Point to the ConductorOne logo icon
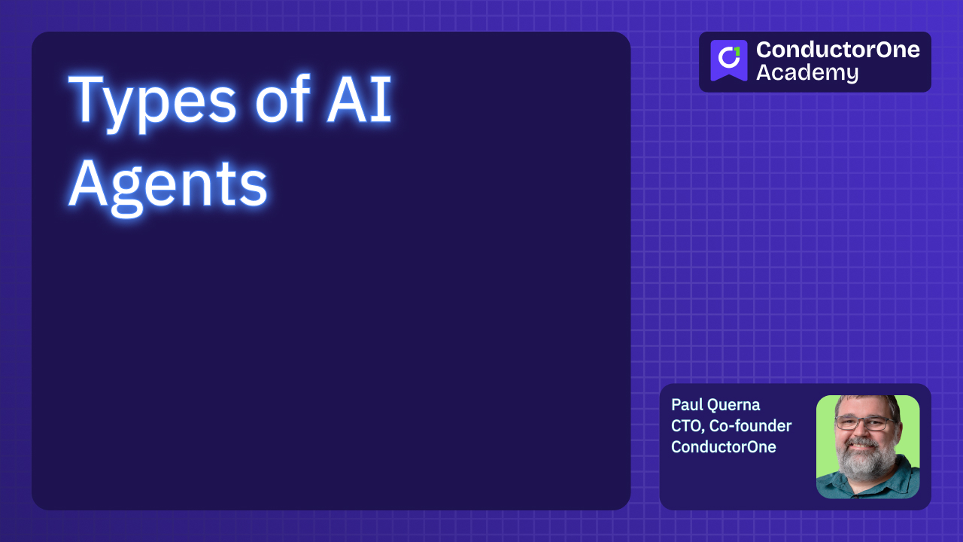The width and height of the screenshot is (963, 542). click(x=728, y=60)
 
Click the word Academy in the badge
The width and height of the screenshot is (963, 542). click(x=807, y=73)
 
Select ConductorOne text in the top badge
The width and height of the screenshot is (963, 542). click(x=837, y=50)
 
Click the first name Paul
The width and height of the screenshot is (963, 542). click(x=687, y=405)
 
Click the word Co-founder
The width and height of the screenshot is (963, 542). click(x=750, y=426)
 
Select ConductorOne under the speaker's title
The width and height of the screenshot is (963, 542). click(x=723, y=446)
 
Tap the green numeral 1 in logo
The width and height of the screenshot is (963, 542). click(x=737, y=51)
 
